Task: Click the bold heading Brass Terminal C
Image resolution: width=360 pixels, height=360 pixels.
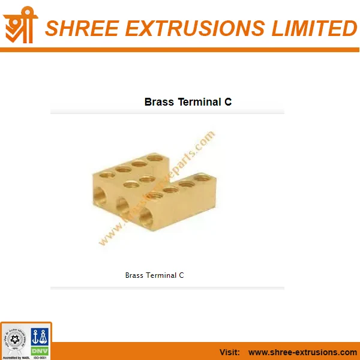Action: tap(188, 102)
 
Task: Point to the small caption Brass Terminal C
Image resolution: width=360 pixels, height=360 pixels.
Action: tap(154, 275)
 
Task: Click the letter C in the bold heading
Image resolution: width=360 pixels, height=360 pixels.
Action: tap(228, 102)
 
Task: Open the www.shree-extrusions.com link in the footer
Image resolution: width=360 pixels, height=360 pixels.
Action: tap(302, 352)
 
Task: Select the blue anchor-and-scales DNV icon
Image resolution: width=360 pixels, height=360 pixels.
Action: tap(39, 336)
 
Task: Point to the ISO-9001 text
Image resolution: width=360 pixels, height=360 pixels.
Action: tap(40, 357)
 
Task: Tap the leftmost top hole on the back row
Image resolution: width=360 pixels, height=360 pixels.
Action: tap(107, 174)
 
